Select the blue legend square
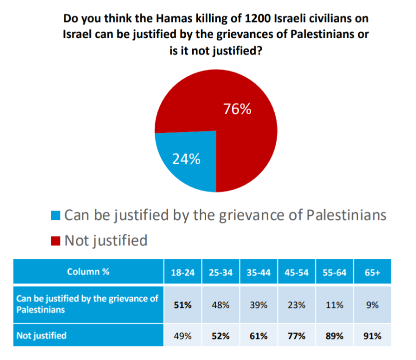point(56,216)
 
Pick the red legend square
point(56,241)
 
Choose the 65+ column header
point(372,272)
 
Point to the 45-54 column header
point(296,272)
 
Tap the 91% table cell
point(372,335)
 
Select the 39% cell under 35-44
point(258,305)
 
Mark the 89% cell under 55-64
point(334,335)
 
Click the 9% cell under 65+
point(372,305)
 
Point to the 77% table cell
point(296,335)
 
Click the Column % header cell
point(88,272)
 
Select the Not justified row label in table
point(41,335)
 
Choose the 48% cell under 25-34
point(220,305)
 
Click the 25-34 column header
point(220,272)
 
